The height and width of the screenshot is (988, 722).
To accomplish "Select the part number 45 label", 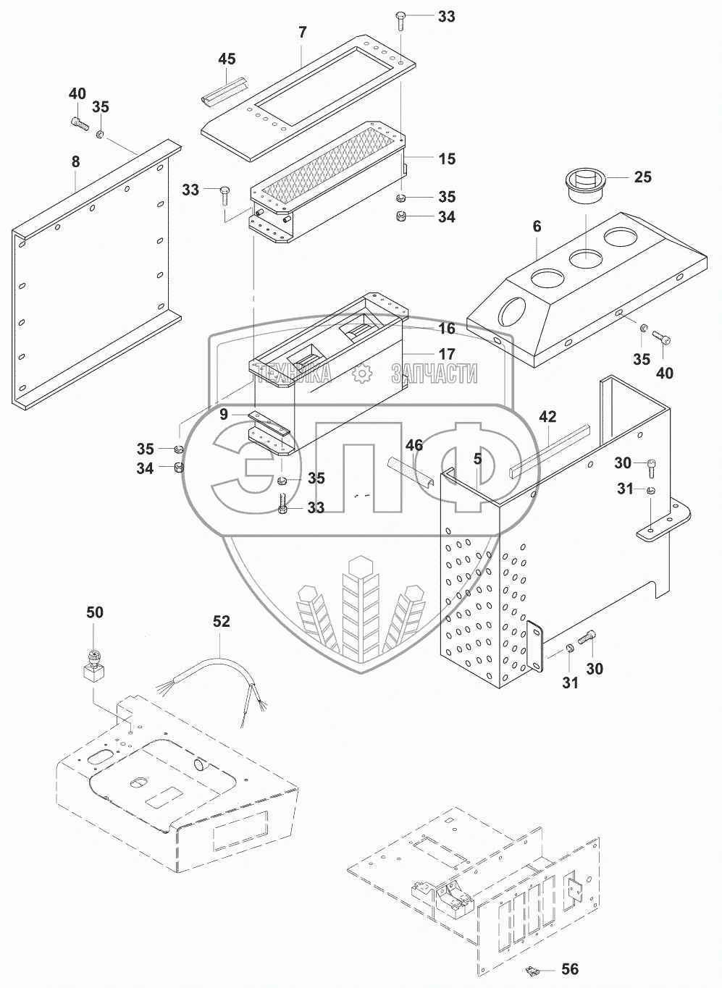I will click(227, 59).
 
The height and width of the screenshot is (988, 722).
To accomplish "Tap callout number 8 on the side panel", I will click(75, 162).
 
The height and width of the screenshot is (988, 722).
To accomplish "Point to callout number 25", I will click(643, 177).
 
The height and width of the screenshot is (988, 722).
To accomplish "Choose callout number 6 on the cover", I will click(537, 226).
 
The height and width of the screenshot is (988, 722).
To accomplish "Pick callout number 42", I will click(547, 417).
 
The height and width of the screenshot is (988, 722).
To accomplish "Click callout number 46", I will click(414, 444).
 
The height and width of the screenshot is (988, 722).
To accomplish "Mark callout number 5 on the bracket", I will click(478, 458).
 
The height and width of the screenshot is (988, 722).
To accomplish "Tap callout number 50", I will click(95, 612).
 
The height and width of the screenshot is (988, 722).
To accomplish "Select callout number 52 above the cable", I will click(222, 621).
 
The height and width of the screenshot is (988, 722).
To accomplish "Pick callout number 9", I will click(224, 414).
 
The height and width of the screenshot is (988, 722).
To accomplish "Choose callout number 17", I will click(447, 354).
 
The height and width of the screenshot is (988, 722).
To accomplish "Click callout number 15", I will click(447, 159).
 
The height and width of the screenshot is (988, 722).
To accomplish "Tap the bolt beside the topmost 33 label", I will click(401, 20).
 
